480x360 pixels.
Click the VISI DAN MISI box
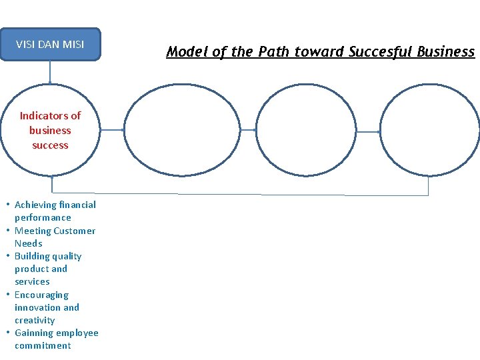click(50, 45)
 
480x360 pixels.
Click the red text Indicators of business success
click(50, 130)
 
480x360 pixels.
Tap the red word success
click(50, 145)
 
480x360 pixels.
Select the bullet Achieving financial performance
click(55, 211)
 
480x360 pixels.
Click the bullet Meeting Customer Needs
click(55, 237)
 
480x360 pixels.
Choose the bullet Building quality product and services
click(48, 269)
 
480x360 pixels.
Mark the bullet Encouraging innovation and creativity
click(47, 307)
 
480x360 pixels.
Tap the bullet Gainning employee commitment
click(56, 339)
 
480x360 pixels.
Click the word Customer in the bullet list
click(74, 231)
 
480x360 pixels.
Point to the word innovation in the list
click(38, 307)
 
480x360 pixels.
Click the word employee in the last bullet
click(77, 333)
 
